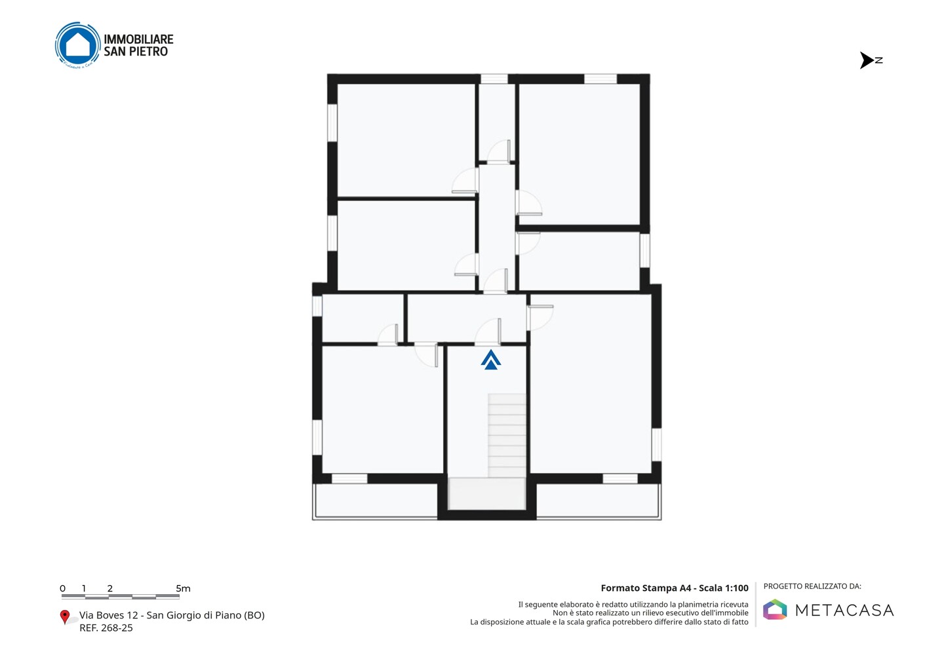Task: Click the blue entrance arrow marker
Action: tap(490, 360)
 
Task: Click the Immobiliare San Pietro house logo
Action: tap(77, 45)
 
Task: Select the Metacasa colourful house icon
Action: tap(775, 609)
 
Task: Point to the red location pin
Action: tap(64, 617)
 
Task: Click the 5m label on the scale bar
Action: tap(183, 588)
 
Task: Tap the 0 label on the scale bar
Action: tap(63, 588)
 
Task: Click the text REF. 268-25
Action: tap(106, 628)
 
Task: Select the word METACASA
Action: tap(844, 610)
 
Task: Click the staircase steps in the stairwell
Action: tap(507, 436)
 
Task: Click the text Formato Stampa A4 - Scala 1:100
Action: tap(675, 588)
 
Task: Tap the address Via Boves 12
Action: tap(109, 615)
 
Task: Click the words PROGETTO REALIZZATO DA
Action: tap(812, 586)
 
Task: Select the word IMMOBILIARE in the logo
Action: tap(138, 39)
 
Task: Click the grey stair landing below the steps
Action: tap(486, 493)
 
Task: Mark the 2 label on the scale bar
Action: tap(110, 588)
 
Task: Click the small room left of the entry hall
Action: tap(363, 318)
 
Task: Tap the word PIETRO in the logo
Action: tap(149, 51)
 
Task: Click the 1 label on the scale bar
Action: tap(84, 588)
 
